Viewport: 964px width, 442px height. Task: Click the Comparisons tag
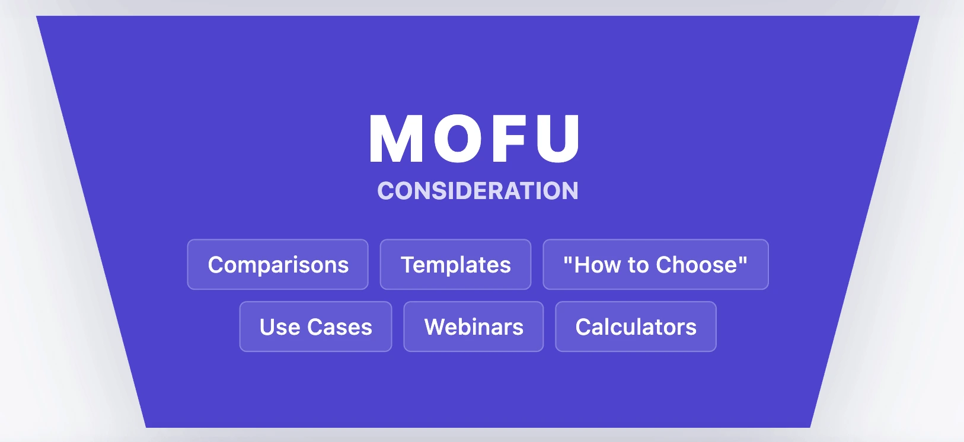click(x=277, y=264)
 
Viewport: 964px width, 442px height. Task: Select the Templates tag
click(x=455, y=264)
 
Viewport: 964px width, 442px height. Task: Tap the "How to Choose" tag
click(x=656, y=264)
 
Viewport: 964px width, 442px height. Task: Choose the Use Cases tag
click(x=315, y=327)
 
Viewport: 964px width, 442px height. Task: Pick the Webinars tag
click(x=473, y=327)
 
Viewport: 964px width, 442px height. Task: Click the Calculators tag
click(x=636, y=327)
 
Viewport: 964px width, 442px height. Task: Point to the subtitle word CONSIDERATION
click(x=478, y=191)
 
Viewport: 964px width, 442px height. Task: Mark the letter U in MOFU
click(x=558, y=139)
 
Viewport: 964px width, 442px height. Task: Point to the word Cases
click(x=340, y=327)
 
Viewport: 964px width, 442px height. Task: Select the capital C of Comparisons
click(x=217, y=264)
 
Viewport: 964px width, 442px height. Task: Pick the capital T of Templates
click(x=409, y=264)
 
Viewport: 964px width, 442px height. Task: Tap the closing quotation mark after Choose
click(x=743, y=258)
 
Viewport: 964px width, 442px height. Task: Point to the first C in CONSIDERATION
click(x=386, y=191)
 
